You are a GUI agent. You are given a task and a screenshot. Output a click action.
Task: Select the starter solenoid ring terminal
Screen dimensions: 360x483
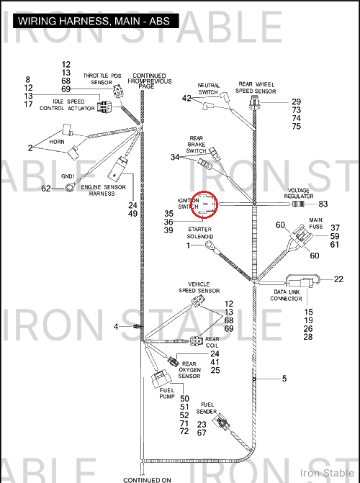click(x=209, y=245)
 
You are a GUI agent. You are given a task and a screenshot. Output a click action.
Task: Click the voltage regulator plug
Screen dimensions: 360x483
click(x=298, y=204)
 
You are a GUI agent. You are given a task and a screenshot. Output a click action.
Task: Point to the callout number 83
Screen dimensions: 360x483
click(x=323, y=204)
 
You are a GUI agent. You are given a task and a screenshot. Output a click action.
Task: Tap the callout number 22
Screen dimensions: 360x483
click(x=338, y=279)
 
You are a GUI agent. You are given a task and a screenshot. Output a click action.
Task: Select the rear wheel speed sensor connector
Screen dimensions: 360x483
click(x=254, y=102)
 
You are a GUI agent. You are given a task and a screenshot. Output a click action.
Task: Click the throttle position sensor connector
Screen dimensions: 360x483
click(x=118, y=91)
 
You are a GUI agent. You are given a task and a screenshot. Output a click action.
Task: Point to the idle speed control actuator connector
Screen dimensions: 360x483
click(x=104, y=107)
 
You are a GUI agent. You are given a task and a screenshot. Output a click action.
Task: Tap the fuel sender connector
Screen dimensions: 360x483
click(x=221, y=421)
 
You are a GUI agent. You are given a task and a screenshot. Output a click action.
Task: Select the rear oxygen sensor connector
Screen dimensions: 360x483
click(x=173, y=361)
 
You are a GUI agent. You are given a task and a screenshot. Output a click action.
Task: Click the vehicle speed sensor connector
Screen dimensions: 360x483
click(x=197, y=300)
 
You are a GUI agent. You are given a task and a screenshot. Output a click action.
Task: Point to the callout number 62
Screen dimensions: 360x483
click(x=46, y=188)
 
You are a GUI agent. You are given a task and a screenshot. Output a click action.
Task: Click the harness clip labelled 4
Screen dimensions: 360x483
click(x=138, y=326)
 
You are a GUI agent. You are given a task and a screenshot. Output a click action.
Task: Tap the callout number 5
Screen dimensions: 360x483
click(x=284, y=379)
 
